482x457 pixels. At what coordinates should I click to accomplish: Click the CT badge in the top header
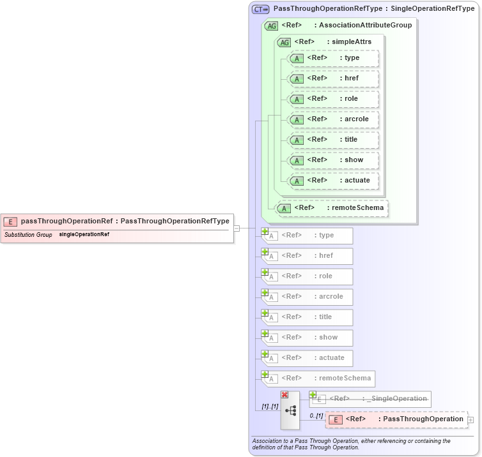[x=260, y=9]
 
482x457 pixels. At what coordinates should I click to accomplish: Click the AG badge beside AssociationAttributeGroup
[x=271, y=26]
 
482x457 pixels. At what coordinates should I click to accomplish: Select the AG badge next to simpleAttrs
[x=283, y=42]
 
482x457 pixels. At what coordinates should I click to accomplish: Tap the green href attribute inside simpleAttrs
[x=333, y=79]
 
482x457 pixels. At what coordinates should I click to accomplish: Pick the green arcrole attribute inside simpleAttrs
[x=333, y=119]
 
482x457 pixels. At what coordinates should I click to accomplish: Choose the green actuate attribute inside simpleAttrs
[x=333, y=181]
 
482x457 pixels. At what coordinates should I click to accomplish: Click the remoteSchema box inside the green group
[x=332, y=208]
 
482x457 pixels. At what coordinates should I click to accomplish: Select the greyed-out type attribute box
[x=308, y=236]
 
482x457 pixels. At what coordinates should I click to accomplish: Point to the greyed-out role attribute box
[x=308, y=276]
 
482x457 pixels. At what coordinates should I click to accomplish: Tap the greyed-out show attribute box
[x=308, y=338]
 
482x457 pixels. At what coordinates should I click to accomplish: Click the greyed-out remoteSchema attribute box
[x=318, y=378]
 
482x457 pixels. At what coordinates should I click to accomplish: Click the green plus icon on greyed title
[x=265, y=313]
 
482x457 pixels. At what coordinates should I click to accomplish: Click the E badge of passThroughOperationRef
[x=11, y=221]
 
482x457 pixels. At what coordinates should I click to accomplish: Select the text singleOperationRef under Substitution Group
[x=84, y=235]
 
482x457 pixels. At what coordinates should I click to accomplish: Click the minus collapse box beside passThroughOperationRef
[x=237, y=228]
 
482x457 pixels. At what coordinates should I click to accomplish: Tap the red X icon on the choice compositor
[x=284, y=395]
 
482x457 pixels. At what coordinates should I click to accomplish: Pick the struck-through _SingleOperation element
[x=371, y=399]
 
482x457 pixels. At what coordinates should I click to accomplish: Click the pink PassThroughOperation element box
[x=396, y=419]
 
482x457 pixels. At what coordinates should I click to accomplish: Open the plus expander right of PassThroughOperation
[x=471, y=420]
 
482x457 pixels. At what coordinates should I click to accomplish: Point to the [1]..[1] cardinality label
[x=269, y=407]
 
